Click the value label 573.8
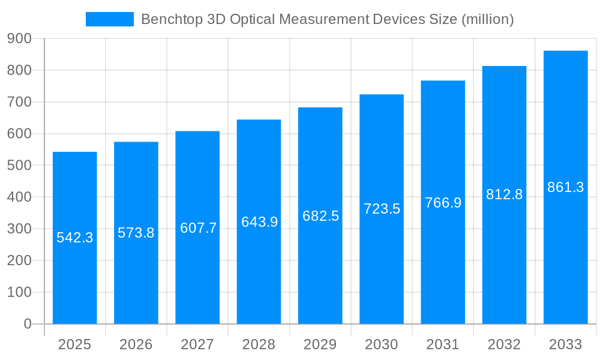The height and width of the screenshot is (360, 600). point(136,233)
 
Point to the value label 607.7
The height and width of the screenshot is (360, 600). point(198,228)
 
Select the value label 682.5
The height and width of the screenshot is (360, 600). point(320,216)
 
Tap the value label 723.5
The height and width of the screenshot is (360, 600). point(382,209)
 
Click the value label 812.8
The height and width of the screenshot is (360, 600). point(504,194)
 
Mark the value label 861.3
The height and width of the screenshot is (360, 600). point(565,187)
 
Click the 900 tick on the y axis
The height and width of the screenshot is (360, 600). point(19,38)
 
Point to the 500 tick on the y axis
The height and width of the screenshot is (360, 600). point(19,166)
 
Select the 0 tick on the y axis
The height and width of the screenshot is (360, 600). point(27,324)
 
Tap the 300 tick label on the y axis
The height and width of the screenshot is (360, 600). point(19,229)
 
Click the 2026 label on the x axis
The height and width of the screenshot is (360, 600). point(136,344)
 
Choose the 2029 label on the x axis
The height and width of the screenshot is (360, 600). point(320,344)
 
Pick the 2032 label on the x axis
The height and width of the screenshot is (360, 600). point(504,344)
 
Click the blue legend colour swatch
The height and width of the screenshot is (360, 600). point(110,19)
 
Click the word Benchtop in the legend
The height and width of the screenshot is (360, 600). point(171,19)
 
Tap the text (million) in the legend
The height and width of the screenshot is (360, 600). point(487,19)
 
